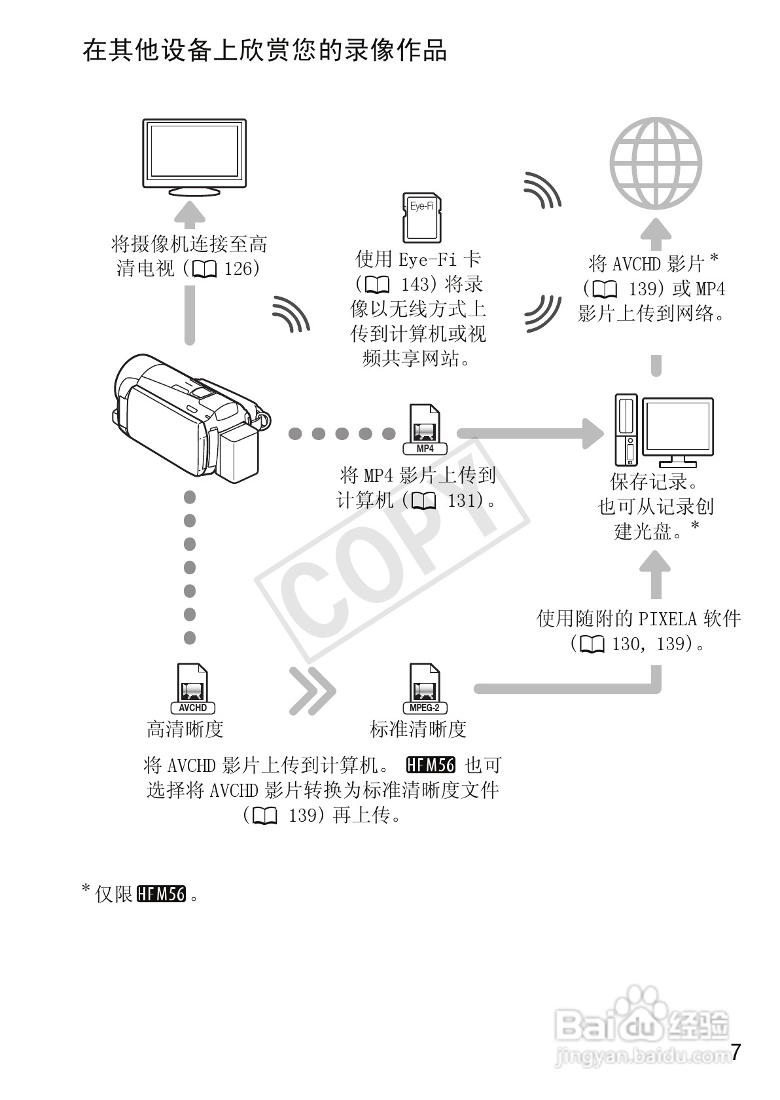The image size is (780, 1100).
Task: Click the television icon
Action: [x=194, y=156]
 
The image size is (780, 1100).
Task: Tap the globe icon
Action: [x=656, y=163]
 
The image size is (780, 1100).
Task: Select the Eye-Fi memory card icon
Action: [x=421, y=217]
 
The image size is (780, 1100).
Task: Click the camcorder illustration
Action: [x=190, y=418]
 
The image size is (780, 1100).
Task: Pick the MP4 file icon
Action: [x=425, y=430]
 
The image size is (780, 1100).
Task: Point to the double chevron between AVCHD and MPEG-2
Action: [x=311, y=690]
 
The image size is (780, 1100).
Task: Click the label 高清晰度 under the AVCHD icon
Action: [x=185, y=729]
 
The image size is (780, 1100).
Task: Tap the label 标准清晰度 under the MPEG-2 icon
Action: [x=418, y=729]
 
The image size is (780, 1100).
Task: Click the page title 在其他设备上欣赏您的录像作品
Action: [x=265, y=50]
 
